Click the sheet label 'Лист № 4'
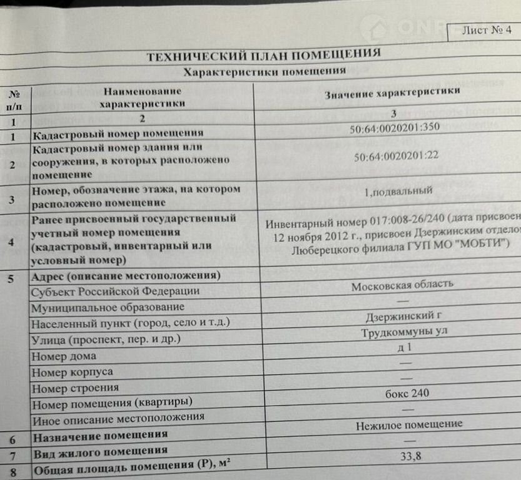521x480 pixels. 486,31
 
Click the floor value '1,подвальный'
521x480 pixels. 398,191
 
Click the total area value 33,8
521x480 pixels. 411,456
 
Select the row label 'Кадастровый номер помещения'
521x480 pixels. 118,133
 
